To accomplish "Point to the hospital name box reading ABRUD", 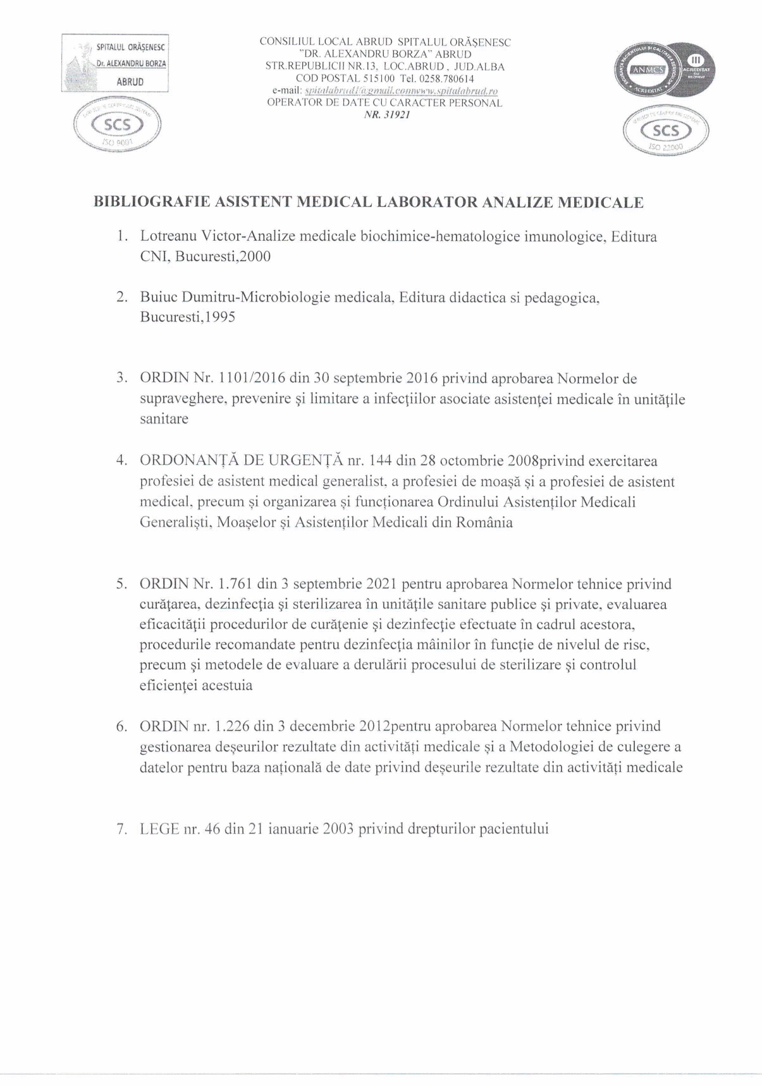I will click(x=115, y=64).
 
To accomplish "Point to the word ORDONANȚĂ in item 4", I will click(x=189, y=461).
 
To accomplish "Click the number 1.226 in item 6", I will click(x=232, y=726).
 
